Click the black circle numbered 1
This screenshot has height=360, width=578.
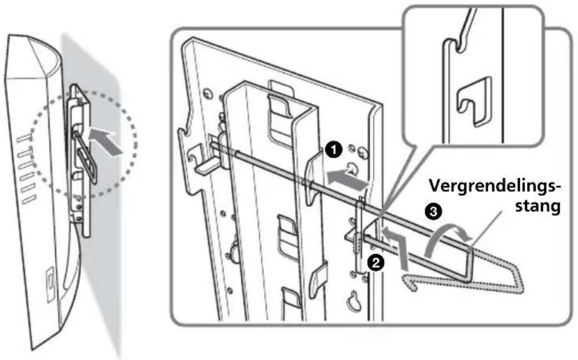(334, 151)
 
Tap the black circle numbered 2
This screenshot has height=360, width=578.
(376, 263)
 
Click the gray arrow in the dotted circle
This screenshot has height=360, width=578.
(106, 142)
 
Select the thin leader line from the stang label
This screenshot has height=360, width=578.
(486, 229)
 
